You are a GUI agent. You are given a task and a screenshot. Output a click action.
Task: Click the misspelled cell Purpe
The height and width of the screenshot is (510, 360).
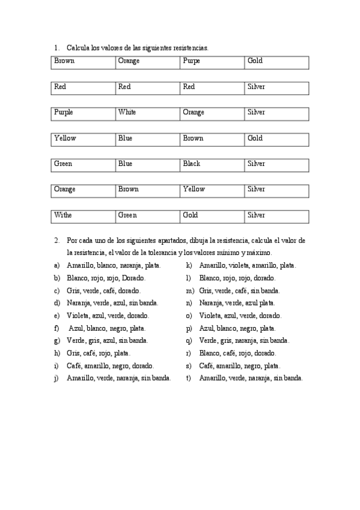tap(192, 61)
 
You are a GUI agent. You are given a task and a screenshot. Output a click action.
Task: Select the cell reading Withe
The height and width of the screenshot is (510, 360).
tap(63, 215)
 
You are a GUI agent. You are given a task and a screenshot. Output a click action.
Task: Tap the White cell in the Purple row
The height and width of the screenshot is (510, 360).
tap(127, 112)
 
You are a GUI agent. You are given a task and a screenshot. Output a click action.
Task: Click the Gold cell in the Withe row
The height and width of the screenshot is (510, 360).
tap(191, 215)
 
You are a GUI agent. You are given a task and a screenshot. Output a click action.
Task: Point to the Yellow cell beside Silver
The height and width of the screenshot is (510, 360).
tap(194, 189)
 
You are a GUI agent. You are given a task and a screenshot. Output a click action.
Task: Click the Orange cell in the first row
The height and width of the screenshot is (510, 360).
tap(129, 61)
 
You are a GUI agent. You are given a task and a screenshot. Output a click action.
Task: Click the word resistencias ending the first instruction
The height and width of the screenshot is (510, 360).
tap(186, 47)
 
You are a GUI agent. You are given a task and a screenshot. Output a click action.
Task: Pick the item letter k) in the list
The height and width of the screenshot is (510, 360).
tap(189, 265)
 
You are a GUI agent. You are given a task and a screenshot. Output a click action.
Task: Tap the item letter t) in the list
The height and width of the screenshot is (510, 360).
tap(189, 378)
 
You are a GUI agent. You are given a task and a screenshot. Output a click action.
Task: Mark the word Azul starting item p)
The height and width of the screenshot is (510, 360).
tap(207, 328)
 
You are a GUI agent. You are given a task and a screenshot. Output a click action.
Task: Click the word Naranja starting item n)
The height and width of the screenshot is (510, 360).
tap(211, 303)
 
